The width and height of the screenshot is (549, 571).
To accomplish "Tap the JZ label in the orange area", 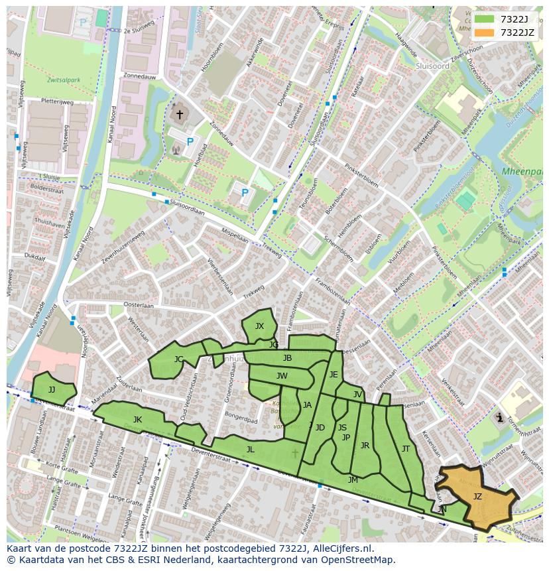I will coord(477,496).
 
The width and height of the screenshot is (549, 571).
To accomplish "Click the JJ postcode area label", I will coord(52,389).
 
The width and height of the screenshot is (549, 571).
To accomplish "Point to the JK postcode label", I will coord(137,419).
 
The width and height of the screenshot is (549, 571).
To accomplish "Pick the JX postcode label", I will coord(259,326).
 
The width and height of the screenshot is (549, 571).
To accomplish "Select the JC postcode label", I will coord(178,359).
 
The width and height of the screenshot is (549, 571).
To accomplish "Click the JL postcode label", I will coord(250,449).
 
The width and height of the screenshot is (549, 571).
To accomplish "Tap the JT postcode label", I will coord(406,448).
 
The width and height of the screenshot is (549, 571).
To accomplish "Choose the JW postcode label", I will coord(282,375).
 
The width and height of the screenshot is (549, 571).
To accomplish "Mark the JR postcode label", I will coord(365,445).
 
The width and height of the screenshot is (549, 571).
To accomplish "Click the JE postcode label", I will coord(334,374).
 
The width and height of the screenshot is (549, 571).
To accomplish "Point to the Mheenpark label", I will coord(522,171).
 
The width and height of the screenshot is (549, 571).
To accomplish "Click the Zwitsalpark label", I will coord(64,80).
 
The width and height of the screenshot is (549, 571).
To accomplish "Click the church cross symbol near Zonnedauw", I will coord(179,115).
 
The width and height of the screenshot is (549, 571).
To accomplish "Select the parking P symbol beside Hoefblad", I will coord(190,141).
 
